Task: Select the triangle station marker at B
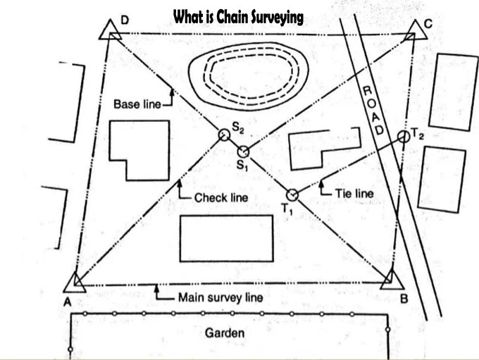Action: [390, 280]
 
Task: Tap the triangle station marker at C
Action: [414, 30]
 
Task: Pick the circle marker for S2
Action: [224, 134]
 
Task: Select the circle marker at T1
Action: [292, 195]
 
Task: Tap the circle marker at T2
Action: [403, 135]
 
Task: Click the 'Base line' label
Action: [137, 104]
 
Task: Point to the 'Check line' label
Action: [220, 198]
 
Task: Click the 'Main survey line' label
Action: [220, 297]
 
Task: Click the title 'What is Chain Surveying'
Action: [238, 16]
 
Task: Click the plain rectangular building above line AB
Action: [226, 238]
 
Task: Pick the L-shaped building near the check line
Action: [139, 149]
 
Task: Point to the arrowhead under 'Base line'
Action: [171, 90]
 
